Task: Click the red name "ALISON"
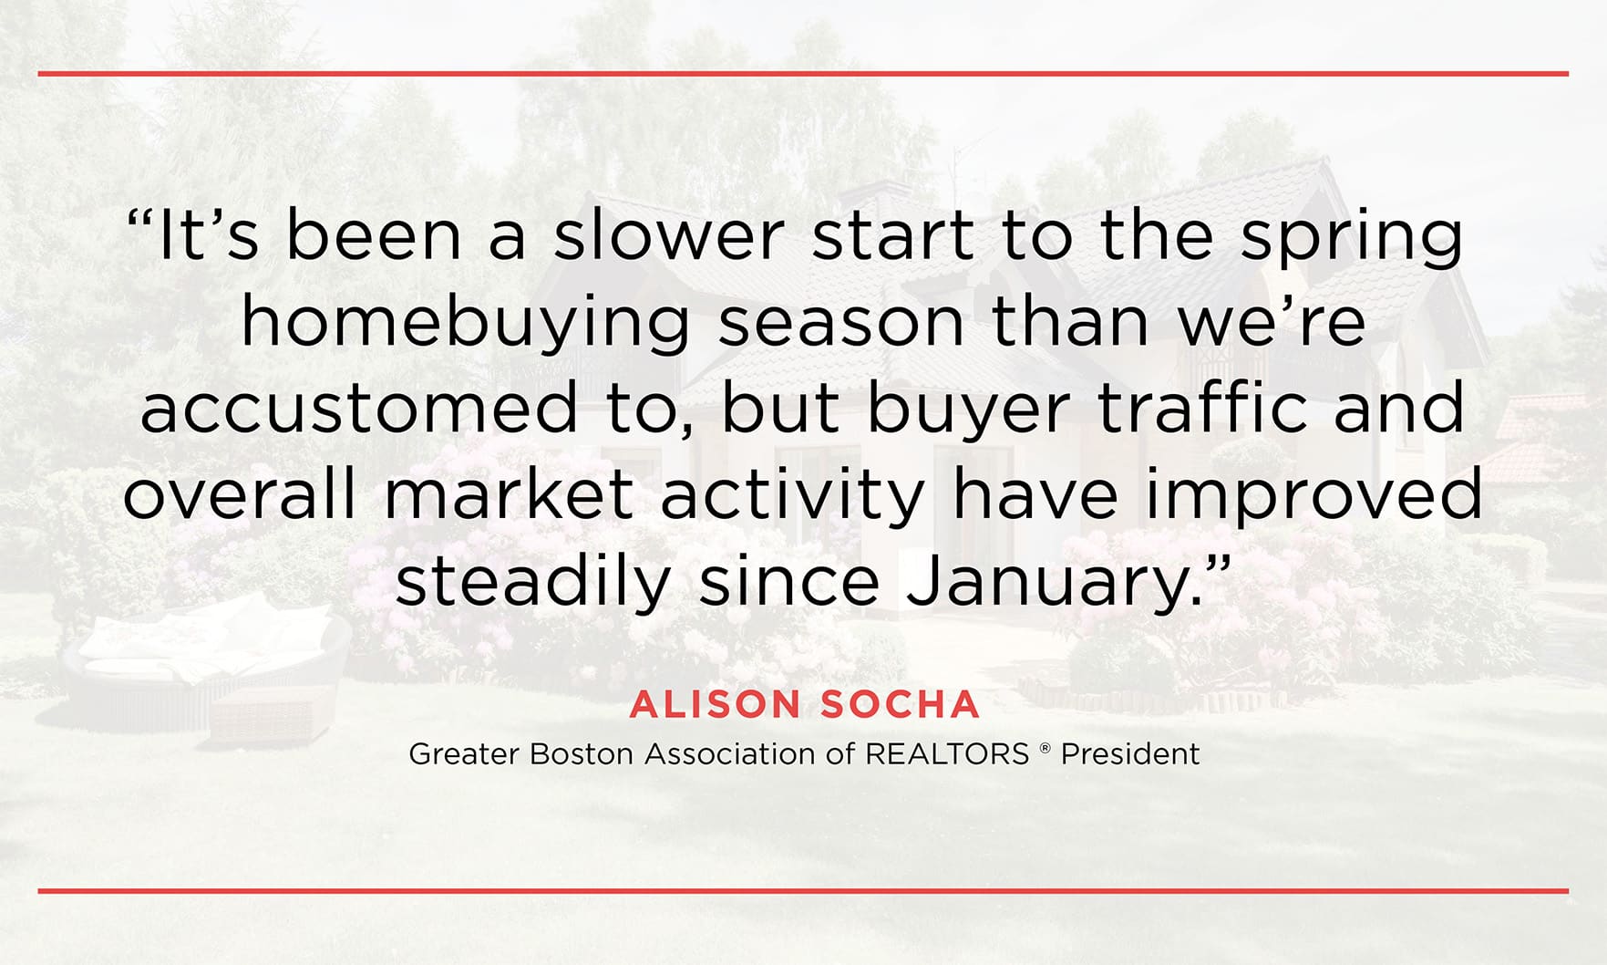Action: tap(715, 704)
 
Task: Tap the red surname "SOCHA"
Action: tap(900, 704)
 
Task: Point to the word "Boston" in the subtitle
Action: tap(582, 754)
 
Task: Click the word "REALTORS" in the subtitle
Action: tap(947, 754)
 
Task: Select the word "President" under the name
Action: tap(1130, 754)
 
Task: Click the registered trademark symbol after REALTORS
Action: tap(1045, 749)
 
